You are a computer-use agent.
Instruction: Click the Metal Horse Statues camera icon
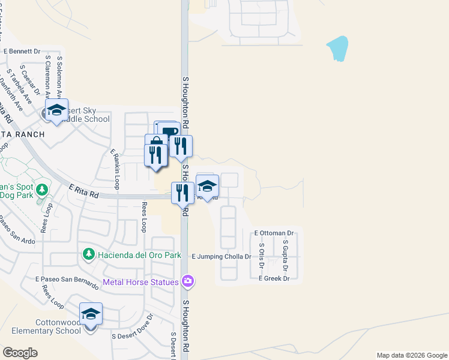(188, 281)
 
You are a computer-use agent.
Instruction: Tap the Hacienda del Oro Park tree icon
(89, 255)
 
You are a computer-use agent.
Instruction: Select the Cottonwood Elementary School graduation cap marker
(91, 314)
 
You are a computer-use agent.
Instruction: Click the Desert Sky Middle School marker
(57, 110)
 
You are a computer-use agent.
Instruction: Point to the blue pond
(337, 49)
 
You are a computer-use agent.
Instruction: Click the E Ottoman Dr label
(274, 233)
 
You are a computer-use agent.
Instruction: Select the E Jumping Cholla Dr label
(221, 256)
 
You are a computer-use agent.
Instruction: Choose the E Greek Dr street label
(274, 278)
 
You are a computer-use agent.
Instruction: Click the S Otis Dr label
(262, 255)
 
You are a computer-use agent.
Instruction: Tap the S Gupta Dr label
(285, 255)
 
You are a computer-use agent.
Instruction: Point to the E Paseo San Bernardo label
(67, 281)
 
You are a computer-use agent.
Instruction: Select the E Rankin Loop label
(115, 169)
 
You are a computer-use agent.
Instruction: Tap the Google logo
(20, 353)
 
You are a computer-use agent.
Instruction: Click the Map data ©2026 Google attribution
(411, 355)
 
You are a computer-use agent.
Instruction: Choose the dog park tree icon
(41, 190)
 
